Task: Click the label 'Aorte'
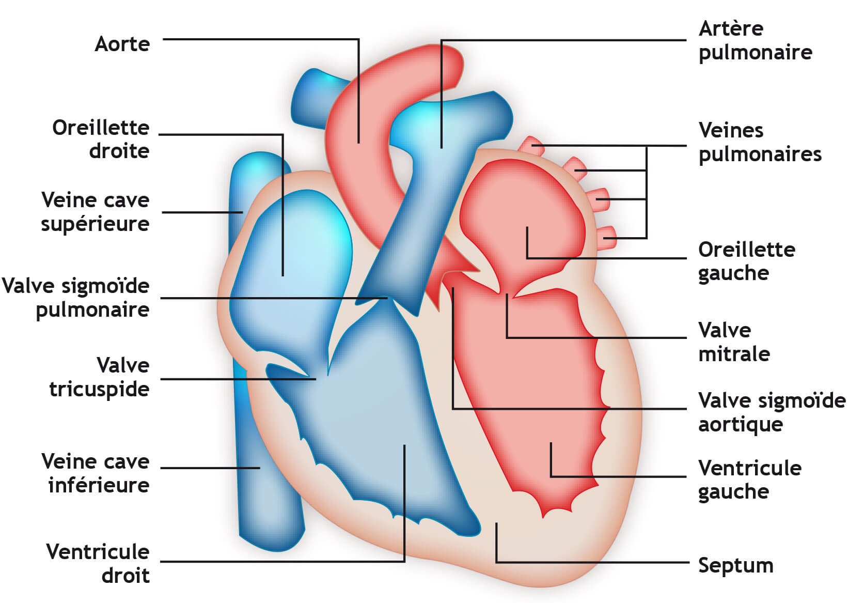click(122, 44)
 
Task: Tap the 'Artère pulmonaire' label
click(755, 40)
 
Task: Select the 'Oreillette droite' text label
click(101, 139)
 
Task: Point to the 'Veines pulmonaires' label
click(759, 142)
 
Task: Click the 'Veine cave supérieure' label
click(95, 212)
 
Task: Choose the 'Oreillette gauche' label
click(746, 261)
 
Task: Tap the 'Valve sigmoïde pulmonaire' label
click(76, 298)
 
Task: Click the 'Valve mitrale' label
click(733, 342)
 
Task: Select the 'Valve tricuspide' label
click(99, 377)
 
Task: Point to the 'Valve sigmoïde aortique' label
click(772, 412)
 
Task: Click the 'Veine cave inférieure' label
click(96, 473)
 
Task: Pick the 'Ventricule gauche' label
click(749, 480)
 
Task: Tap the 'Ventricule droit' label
click(98, 563)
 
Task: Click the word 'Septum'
click(735, 565)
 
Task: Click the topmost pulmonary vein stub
click(530, 144)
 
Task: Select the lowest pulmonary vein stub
click(606, 238)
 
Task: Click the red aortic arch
click(362, 103)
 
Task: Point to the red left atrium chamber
click(522, 217)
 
